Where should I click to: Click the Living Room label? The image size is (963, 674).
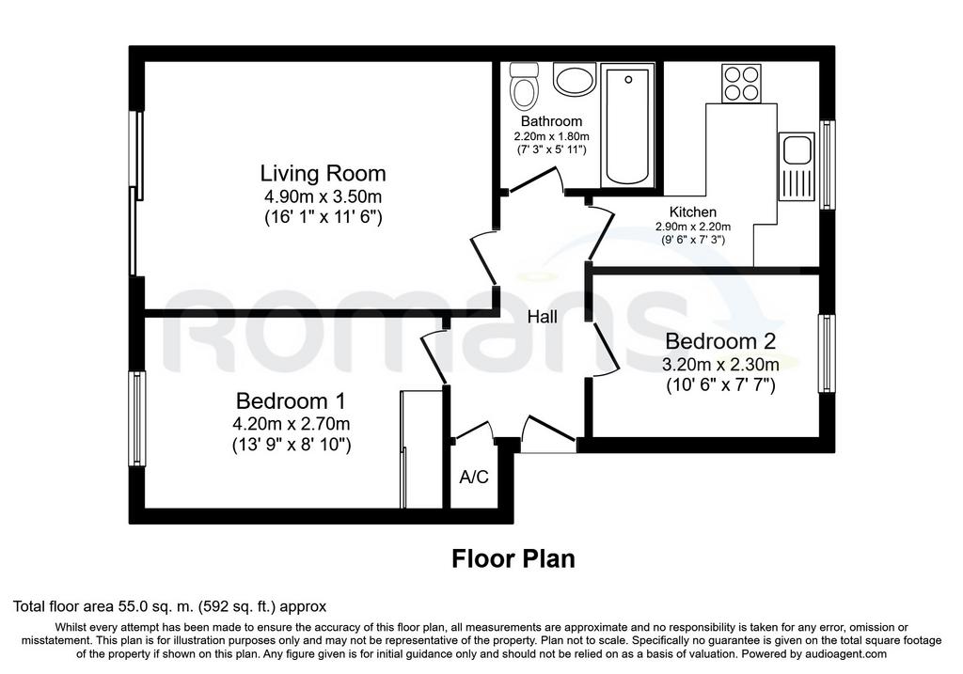coord(324,173)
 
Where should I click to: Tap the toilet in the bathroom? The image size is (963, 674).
coord(524,86)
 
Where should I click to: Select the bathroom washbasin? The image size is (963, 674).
coord(575,79)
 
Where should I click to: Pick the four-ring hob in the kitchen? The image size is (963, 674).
coord(741,83)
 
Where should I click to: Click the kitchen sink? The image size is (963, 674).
coord(796,166)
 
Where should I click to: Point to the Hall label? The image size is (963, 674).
coord(543,317)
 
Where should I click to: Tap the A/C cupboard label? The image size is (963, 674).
coord(474,477)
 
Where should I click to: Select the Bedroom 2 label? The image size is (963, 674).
coord(720,340)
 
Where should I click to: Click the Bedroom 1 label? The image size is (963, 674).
coord(291,400)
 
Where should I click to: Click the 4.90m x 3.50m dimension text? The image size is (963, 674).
coord(324,196)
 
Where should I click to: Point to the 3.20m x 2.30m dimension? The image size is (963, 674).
coord(720,365)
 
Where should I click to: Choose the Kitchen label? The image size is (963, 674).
coord(693,212)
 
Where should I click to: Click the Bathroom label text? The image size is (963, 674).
coord(551,121)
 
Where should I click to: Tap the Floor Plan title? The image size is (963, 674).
coord(513,558)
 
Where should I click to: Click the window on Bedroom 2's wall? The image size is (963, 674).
coord(827,353)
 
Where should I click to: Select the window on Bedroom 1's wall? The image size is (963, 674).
coord(136,418)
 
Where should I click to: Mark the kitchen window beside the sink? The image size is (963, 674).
coord(828,165)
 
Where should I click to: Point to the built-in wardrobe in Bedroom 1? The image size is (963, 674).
coord(420,449)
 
